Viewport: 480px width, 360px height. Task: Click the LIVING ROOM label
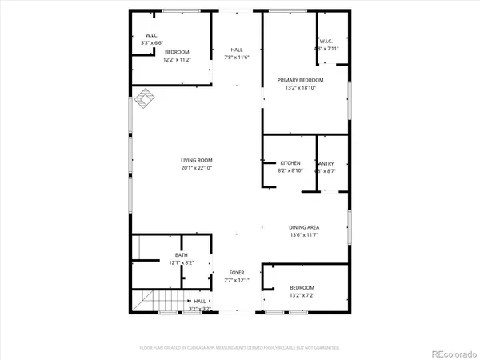(196, 160)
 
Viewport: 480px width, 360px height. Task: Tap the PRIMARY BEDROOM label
(300, 80)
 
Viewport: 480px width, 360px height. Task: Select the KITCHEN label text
(289, 162)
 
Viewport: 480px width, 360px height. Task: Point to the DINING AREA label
(304, 227)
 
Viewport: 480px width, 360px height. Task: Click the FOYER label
(237, 273)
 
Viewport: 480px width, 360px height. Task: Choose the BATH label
(181, 255)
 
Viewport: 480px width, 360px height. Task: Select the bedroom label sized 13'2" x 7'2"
(302, 287)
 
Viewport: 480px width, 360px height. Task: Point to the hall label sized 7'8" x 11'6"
(237, 50)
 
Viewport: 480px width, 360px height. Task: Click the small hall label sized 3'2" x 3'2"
(200, 302)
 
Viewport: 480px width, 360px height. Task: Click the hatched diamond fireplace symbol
(143, 98)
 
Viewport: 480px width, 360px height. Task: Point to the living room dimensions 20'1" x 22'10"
(196, 168)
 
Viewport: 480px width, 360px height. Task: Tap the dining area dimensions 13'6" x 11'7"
(304, 235)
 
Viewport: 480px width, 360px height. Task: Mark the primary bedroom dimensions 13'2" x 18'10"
(300, 88)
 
